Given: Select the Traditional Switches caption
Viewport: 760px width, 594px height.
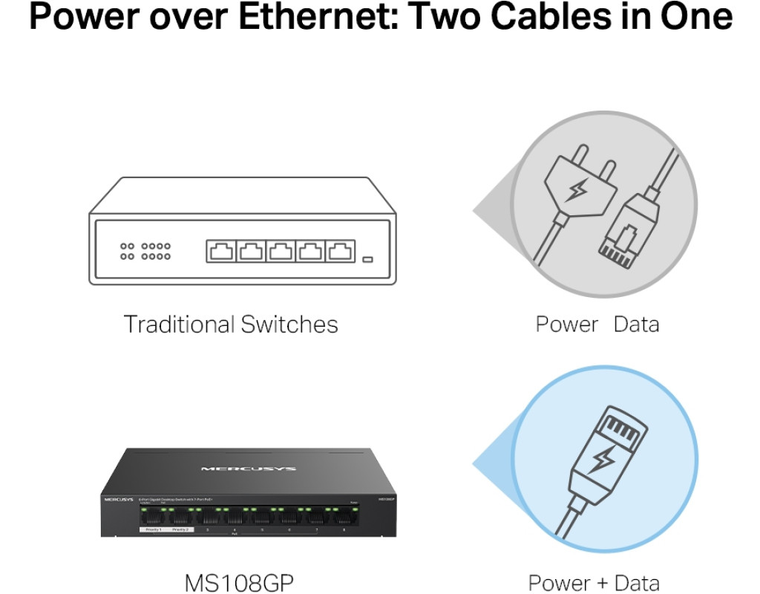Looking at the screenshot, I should coord(230,324).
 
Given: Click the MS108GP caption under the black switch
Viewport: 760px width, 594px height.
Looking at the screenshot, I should coord(239,583).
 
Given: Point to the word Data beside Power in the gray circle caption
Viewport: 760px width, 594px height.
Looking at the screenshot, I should coord(636,324).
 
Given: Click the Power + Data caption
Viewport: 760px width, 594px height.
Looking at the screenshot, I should coord(594,583).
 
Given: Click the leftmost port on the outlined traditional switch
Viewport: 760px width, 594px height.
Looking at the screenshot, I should coord(221,251).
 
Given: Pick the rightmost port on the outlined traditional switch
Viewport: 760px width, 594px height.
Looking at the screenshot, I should coord(340,251).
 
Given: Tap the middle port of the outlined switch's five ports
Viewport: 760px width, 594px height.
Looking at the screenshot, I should coord(281,251).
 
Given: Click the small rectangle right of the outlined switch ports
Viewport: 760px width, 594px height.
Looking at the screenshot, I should coord(367,260).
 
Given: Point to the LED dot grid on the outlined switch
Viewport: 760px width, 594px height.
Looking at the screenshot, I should coord(145,251).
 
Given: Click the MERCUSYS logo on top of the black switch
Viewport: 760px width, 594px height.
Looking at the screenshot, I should coord(248,469).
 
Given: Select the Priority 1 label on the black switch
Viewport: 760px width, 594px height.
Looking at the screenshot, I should coord(153,529).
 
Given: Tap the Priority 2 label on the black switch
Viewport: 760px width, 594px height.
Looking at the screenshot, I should coord(181,529).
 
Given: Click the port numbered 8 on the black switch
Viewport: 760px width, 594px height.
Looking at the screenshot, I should coord(344,518).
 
